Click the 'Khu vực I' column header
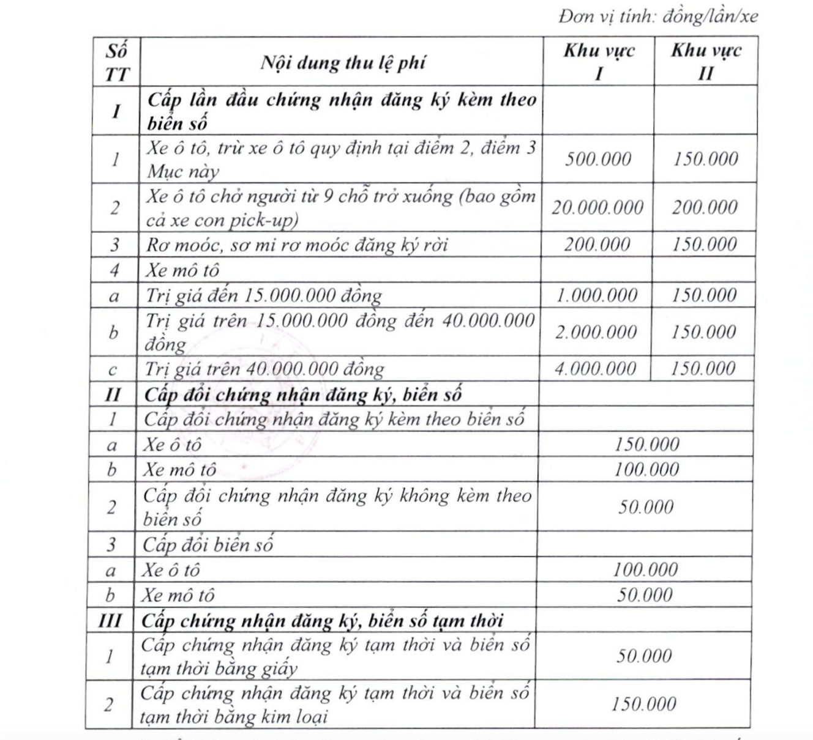click(x=599, y=61)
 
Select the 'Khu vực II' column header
click(x=706, y=61)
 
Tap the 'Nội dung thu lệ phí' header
click(x=343, y=62)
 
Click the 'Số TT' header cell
click(x=116, y=62)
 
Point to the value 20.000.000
click(x=598, y=207)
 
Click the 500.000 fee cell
click(x=598, y=159)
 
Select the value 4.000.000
click(x=595, y=368)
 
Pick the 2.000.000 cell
click(x=596, y=332)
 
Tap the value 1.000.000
click(x=596, y=296)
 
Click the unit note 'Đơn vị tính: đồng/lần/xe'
click(x=658, y=17)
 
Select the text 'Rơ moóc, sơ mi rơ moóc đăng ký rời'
click(x=297, y=245)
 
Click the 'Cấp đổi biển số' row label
click(x=208, y=544)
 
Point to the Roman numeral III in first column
click(x=110, y=620)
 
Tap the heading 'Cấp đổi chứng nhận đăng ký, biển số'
click(x=302, y=394)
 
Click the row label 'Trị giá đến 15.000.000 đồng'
click(x=263, y=296)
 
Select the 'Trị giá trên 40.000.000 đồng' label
click(x=264, y=369)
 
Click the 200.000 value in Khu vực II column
click(x=705, y=207)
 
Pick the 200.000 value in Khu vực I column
click(x=597, y=245)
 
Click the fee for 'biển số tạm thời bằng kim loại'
click(x=643, y=704)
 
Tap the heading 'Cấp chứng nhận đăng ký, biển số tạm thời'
click(x=322, y=620)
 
